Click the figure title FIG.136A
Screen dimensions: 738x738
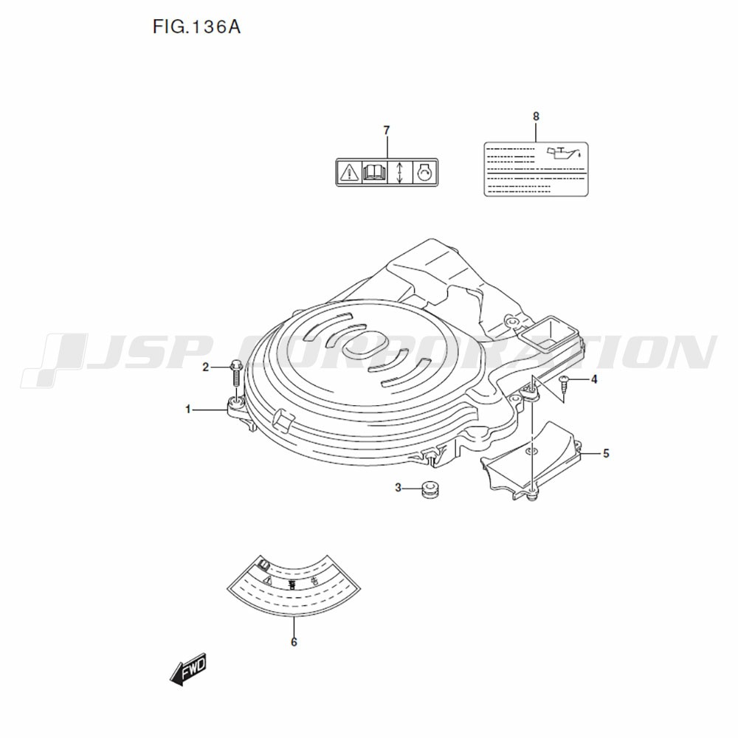point(196,27)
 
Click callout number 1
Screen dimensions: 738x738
point(188,410)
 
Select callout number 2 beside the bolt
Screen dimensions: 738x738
point(205,367)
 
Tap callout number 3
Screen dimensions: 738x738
point(399,488)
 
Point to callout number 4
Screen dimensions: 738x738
point(594,379)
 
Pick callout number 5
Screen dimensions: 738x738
point(606,453)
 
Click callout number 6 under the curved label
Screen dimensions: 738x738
point(294,642)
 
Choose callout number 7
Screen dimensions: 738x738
point(387,130)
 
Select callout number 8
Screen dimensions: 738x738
point(536,116)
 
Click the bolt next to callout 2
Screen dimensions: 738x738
point(235,374)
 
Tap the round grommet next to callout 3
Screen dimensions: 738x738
point(430,489)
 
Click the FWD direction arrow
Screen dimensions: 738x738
point(188,669)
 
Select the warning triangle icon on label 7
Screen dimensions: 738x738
point(349,172)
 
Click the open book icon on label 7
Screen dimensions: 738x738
point(375,172)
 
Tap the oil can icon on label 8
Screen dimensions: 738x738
point(563,154)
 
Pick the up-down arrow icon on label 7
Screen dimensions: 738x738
point(399,172)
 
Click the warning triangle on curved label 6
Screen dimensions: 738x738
point(268,580)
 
